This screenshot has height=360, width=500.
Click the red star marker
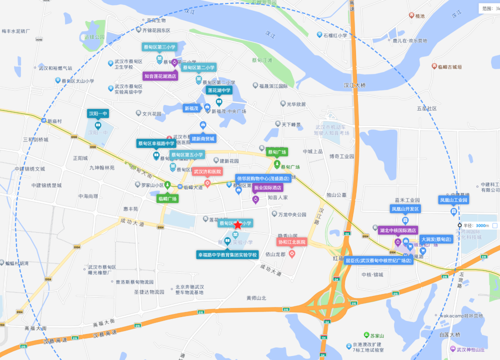(x=237, y=225)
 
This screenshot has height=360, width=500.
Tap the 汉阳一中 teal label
(x=97, y=113)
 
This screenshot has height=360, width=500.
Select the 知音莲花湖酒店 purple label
(x=160, y=76)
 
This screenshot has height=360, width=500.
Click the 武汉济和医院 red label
(x=207, y=171)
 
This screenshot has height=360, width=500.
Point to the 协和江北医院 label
(x=292, y=242)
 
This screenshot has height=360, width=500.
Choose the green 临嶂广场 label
(x=167, y=198)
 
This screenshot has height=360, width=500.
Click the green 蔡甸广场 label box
(x=276, y=152)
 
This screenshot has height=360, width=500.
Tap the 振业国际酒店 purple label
(x=267, y=187)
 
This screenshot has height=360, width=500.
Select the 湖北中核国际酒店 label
(x=398, y=230)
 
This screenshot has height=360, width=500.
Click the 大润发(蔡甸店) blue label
(x=436, y=239)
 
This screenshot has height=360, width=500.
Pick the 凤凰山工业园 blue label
(x=453, y=200)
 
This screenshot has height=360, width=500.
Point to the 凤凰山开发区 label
(x=405, y=208)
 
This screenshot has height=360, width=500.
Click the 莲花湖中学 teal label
(x=219, y=90)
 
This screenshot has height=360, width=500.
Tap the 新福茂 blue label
(x=191, y=108)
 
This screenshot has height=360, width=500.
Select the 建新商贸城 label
(x=202, y=138)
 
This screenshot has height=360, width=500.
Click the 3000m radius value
(x=482, y=225)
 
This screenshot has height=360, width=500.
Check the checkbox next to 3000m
(x=494, y=225)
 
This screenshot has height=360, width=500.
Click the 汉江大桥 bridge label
(x=354, y=85)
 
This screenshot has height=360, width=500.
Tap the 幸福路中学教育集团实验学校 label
(x=227, y=254)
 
